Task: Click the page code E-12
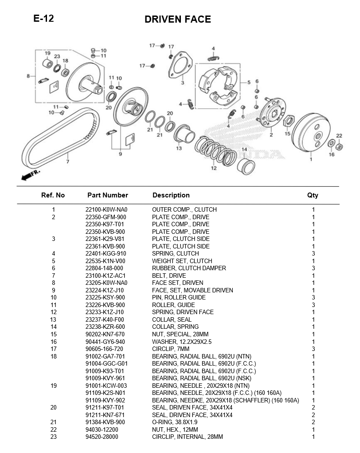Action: point(43,19)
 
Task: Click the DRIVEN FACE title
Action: point(177,20)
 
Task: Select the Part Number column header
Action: point(107,195)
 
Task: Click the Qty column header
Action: point(313,195)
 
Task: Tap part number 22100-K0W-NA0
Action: point(106,210)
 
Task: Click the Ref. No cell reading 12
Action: point(53,312)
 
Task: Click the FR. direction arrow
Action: point(30,174)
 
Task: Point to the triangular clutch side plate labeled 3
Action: point(180,66)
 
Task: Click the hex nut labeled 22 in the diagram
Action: point(338,146)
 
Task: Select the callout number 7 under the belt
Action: point(67,162)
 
